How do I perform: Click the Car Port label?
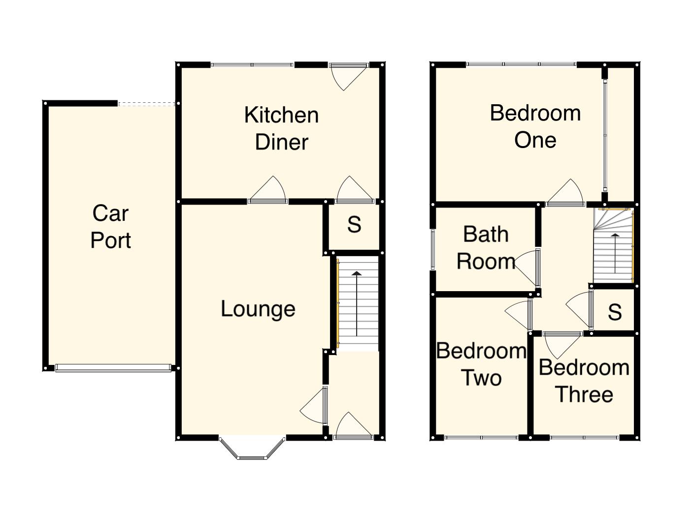tap(111, 227)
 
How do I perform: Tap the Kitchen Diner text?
tap(281, 128)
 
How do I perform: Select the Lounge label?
tap(258, 309)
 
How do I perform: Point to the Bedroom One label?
tap(535, 126)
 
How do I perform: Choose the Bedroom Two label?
tap(481, 364)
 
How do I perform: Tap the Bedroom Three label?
tap(584, 381)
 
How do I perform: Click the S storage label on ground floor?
tap(354, 225)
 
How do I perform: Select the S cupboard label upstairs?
tap(615, 312)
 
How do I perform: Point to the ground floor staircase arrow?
tap(357, 304)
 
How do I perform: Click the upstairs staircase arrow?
tap(615, 253)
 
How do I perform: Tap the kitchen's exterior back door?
tap(349, 77)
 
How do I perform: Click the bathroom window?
tap(433, 249)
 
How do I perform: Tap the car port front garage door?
tap(113, 368)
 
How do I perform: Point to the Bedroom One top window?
tap(522, 64)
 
